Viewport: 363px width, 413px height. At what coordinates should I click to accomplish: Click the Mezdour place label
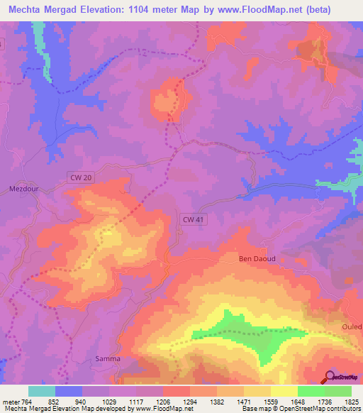tap(23, 189)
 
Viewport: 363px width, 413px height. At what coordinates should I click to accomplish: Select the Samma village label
tap(108, 359)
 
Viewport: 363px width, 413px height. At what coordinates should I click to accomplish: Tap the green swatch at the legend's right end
tap(338, 391)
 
